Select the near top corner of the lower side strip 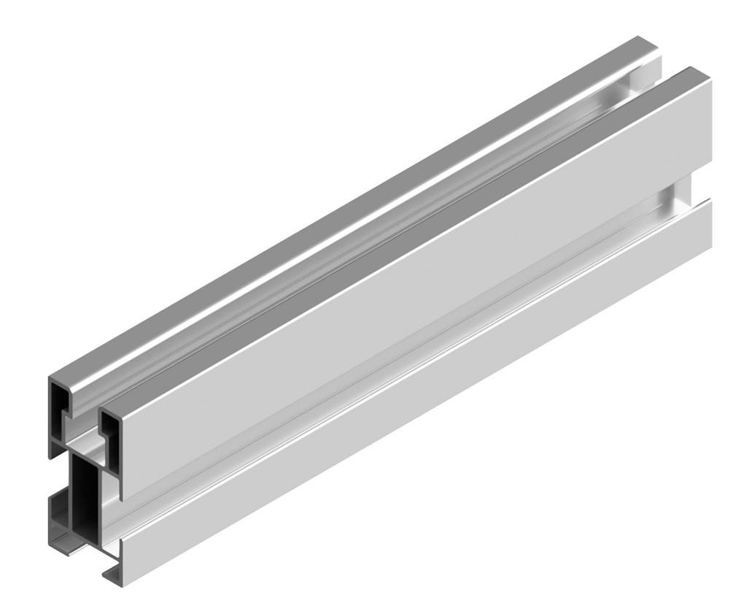[122, 539]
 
